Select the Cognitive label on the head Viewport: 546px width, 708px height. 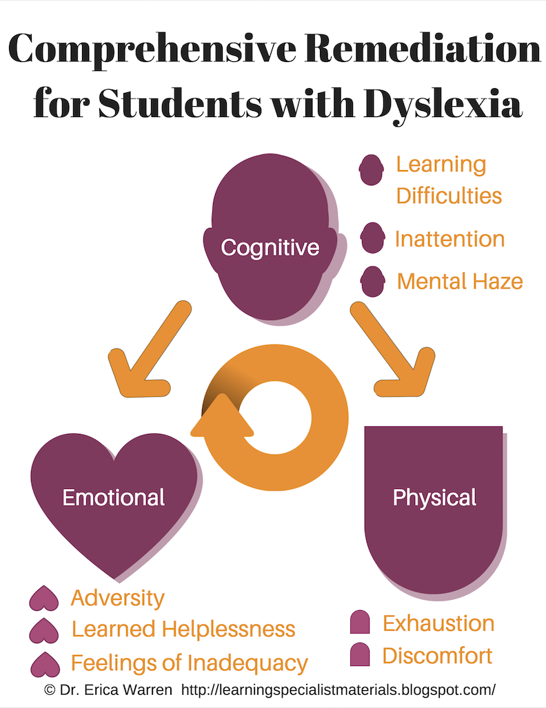point(270,247)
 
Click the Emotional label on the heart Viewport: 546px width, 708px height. point(114,497)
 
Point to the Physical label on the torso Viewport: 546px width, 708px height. point(434,497)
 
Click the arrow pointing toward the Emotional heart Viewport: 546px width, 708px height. point(146,355)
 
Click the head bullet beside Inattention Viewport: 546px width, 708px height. point(372,238)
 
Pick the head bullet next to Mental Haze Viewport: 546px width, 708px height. point(373,281)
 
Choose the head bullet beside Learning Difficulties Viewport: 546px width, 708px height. point(372,169)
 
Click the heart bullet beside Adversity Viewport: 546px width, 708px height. point(45,598)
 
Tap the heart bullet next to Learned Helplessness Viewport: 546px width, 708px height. point(45,629)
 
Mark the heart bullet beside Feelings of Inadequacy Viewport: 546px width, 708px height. point(45,663)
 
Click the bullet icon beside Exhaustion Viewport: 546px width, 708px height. point(360,622)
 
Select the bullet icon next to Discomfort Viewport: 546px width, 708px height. point(360,654)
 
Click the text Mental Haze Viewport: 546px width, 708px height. point(460,281)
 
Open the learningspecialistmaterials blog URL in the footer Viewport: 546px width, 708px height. point(338,689)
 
